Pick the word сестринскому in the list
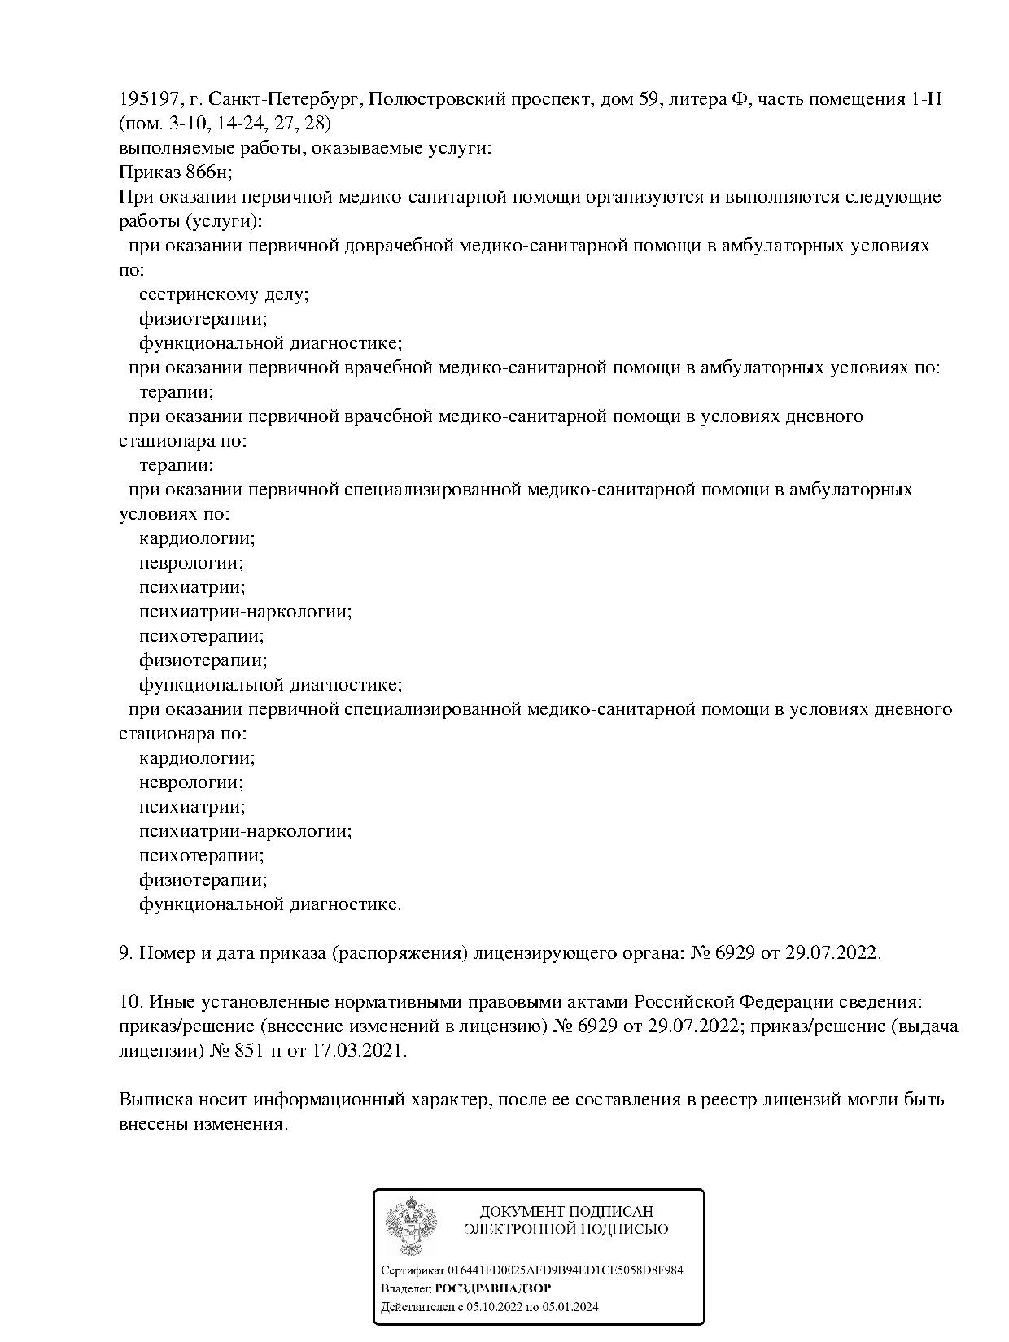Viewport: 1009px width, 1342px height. (196, 294)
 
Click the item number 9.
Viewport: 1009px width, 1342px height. (124, 952)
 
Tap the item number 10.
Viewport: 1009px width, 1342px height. (129, 1002)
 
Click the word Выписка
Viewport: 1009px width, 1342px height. (155, 1100)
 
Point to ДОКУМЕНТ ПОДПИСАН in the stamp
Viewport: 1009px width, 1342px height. (566, 1212)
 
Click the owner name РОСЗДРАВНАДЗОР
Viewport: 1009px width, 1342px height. (493, 1288)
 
